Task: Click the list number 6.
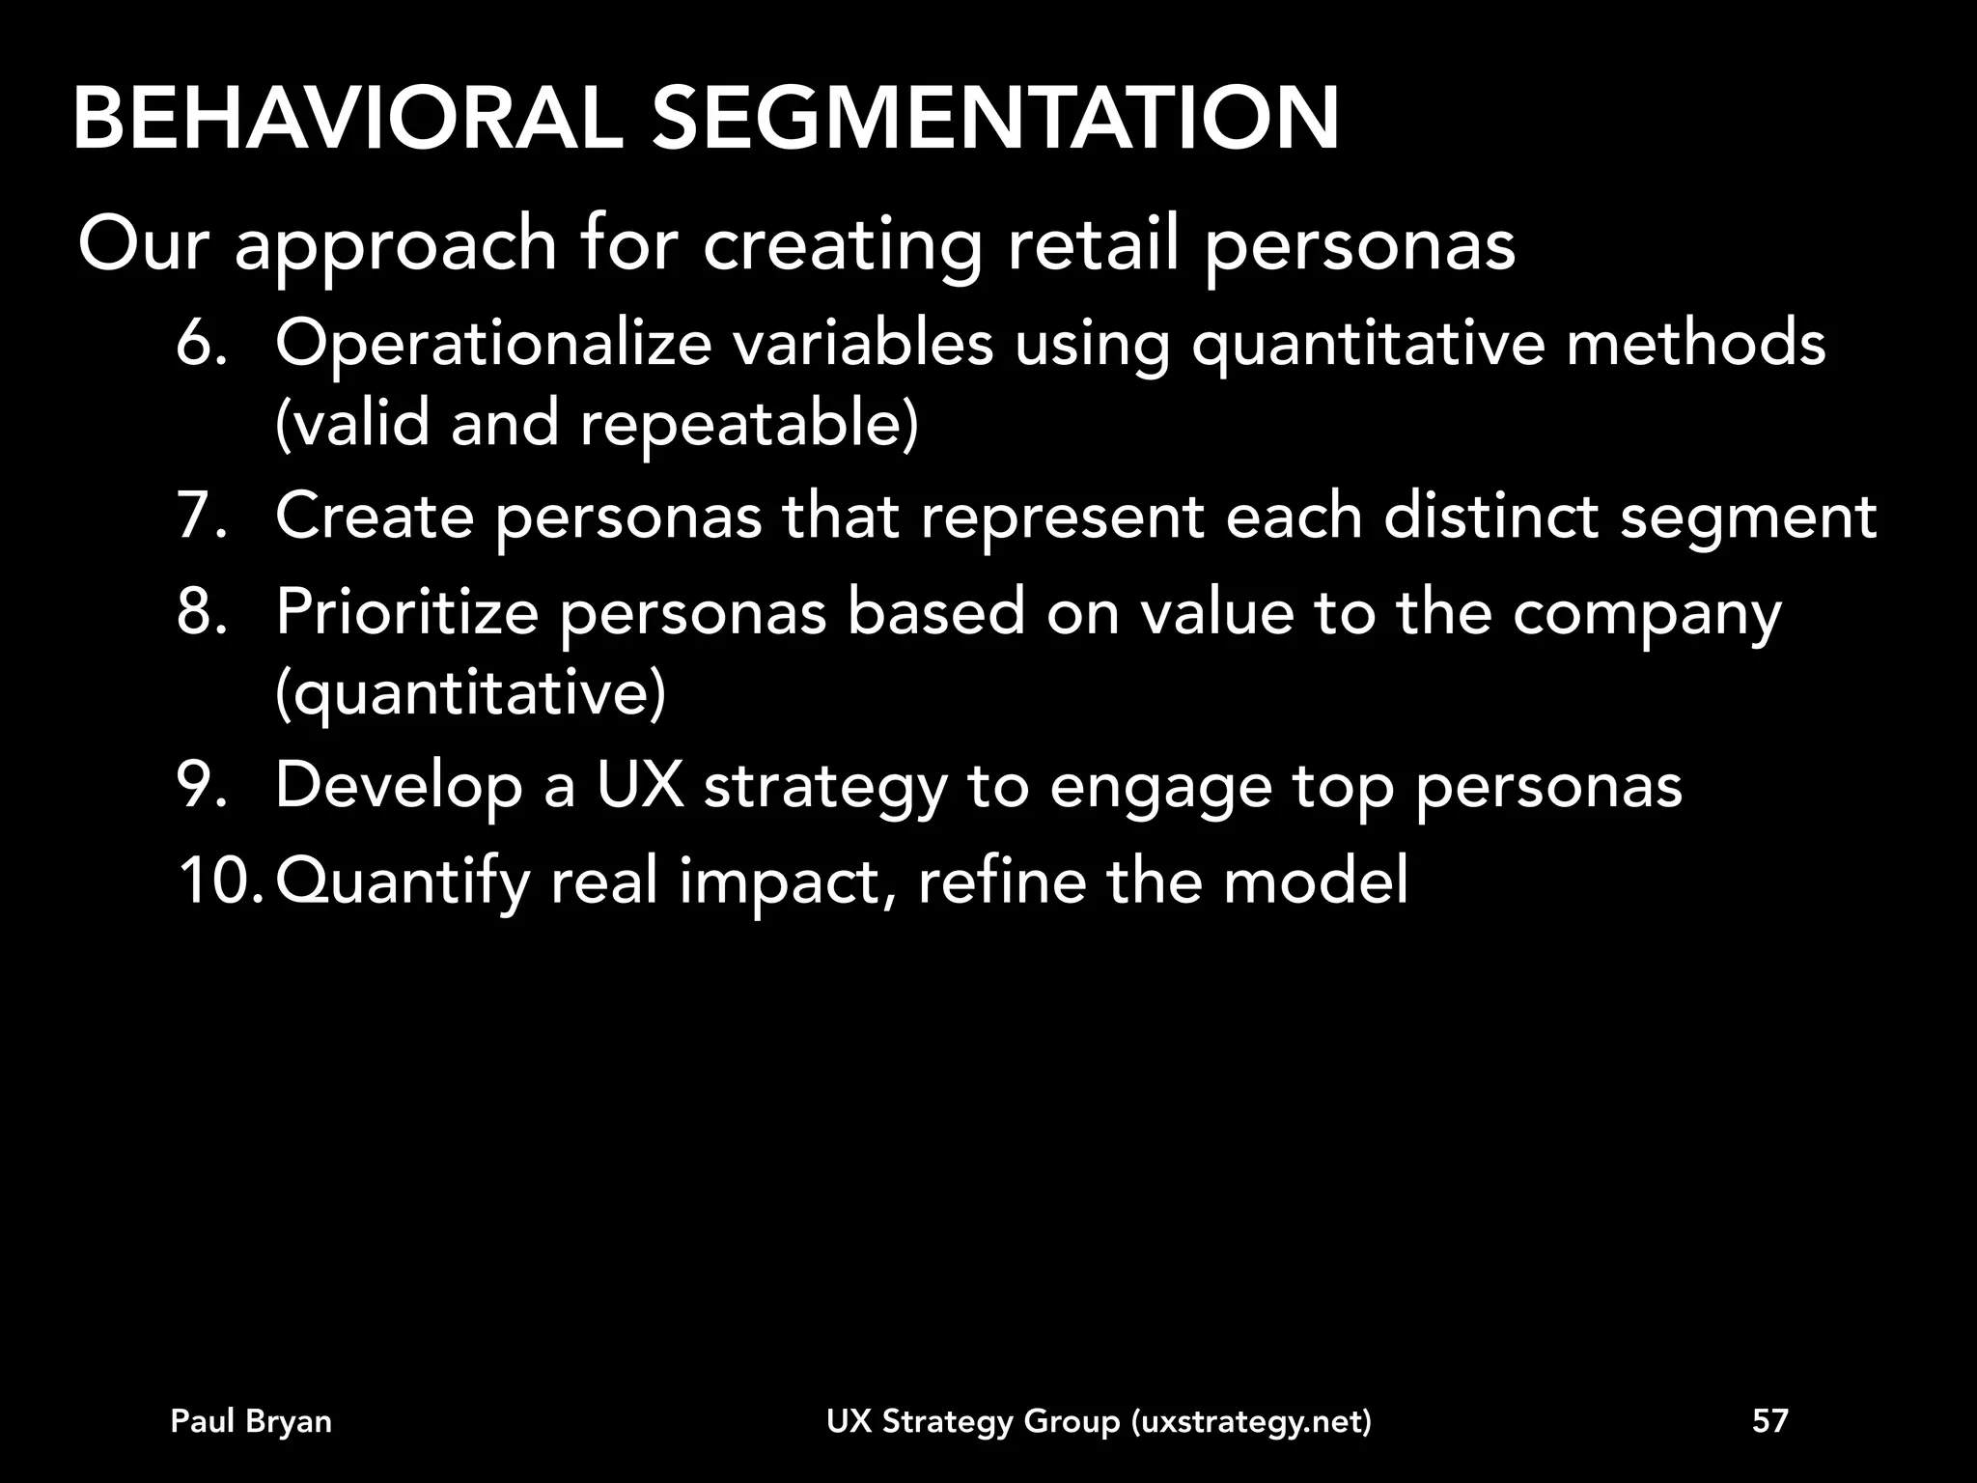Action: click(x=201, y=344)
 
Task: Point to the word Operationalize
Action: click(x=492, y=344)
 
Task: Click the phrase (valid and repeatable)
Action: click(x=597, y=424)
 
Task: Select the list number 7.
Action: click(x=201, y=516)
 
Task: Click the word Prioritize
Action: click(x=406, y=612)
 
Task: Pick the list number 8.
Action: click(x=201, y=612)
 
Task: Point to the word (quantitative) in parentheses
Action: click(x=470, y=693)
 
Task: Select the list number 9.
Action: click(x=201, y=785)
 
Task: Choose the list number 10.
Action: click(x=218, y=881)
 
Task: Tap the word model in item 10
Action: click(x=1315, y=881)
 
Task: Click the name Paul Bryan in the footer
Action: click(x=251, y=1421)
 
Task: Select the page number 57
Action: click(x=1770, y=1421)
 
